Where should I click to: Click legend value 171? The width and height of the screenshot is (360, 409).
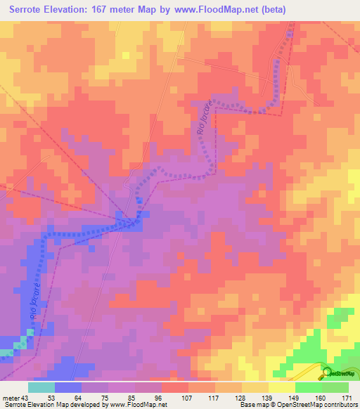click(x=347, y=398)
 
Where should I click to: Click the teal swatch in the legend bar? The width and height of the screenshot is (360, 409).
click(x=41, y=387)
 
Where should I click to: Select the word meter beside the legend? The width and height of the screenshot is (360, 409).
click(x=10, y=398)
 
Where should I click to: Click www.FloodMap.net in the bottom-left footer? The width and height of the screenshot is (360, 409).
click(x=139, y=405)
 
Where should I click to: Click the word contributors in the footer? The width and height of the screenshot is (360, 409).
click(x=337, y=405)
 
